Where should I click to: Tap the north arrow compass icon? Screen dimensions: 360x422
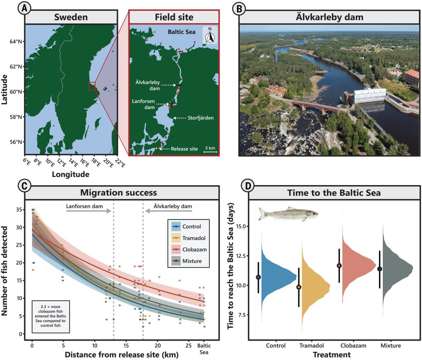point(210,36)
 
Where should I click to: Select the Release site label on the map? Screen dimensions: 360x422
point(184,148)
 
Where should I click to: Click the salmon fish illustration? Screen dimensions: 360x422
point(288,214)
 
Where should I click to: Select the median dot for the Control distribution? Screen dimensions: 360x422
point(258,277)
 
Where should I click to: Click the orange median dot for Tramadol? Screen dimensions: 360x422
point(299,287)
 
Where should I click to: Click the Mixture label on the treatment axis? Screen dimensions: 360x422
point(391,345)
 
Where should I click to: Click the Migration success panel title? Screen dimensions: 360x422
point(118,193)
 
